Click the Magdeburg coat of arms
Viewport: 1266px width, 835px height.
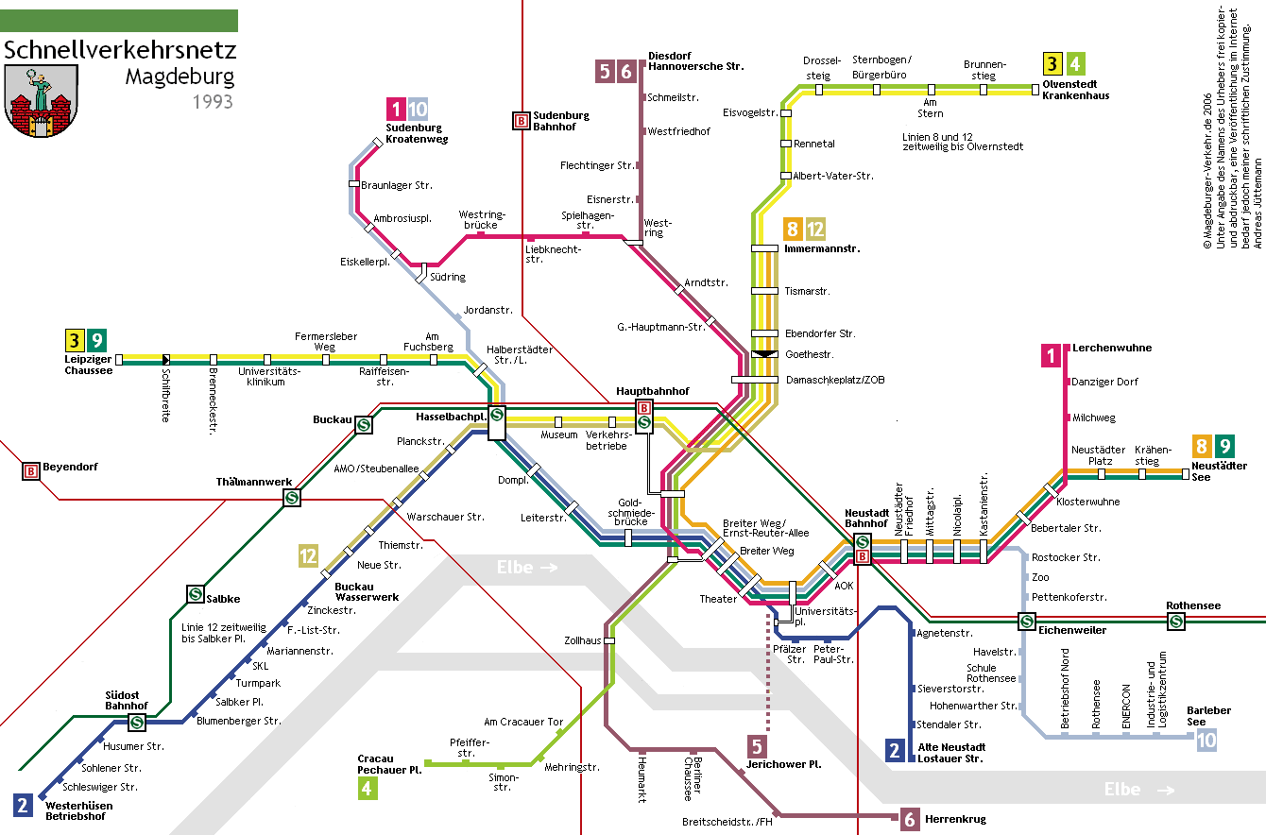click(42, 101)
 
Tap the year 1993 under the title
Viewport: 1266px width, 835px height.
click(213, 102)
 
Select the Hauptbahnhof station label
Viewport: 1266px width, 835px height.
click(652, 391)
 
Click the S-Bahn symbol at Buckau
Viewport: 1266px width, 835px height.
click(364, 424)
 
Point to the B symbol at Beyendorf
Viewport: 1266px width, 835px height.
click(31, 470)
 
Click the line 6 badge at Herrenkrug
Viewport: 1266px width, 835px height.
click(910, 819)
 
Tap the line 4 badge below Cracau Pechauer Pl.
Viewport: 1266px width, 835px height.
click(368, 788)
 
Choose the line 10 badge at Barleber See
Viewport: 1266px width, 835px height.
click(1206, 741)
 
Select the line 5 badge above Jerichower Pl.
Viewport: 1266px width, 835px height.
click(757, 746)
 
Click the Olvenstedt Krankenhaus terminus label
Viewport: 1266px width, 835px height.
click(1075, 90)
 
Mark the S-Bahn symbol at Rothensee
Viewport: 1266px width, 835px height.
click(1176, 622)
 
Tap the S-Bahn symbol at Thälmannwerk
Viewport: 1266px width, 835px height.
click(292, 498)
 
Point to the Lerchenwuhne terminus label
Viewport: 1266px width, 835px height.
click(1112, 348)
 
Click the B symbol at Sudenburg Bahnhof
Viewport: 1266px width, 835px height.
click(521, 121)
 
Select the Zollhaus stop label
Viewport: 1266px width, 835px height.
click(582, 640)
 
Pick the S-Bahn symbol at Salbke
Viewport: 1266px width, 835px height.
click(196, 594)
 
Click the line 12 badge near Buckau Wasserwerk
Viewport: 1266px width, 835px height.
click(308, 556)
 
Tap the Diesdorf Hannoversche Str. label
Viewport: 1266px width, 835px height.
click(695, 61)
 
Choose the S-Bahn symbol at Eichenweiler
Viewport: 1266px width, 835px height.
click(1027, 622)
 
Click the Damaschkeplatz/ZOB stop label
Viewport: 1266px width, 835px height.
click(835, 381)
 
